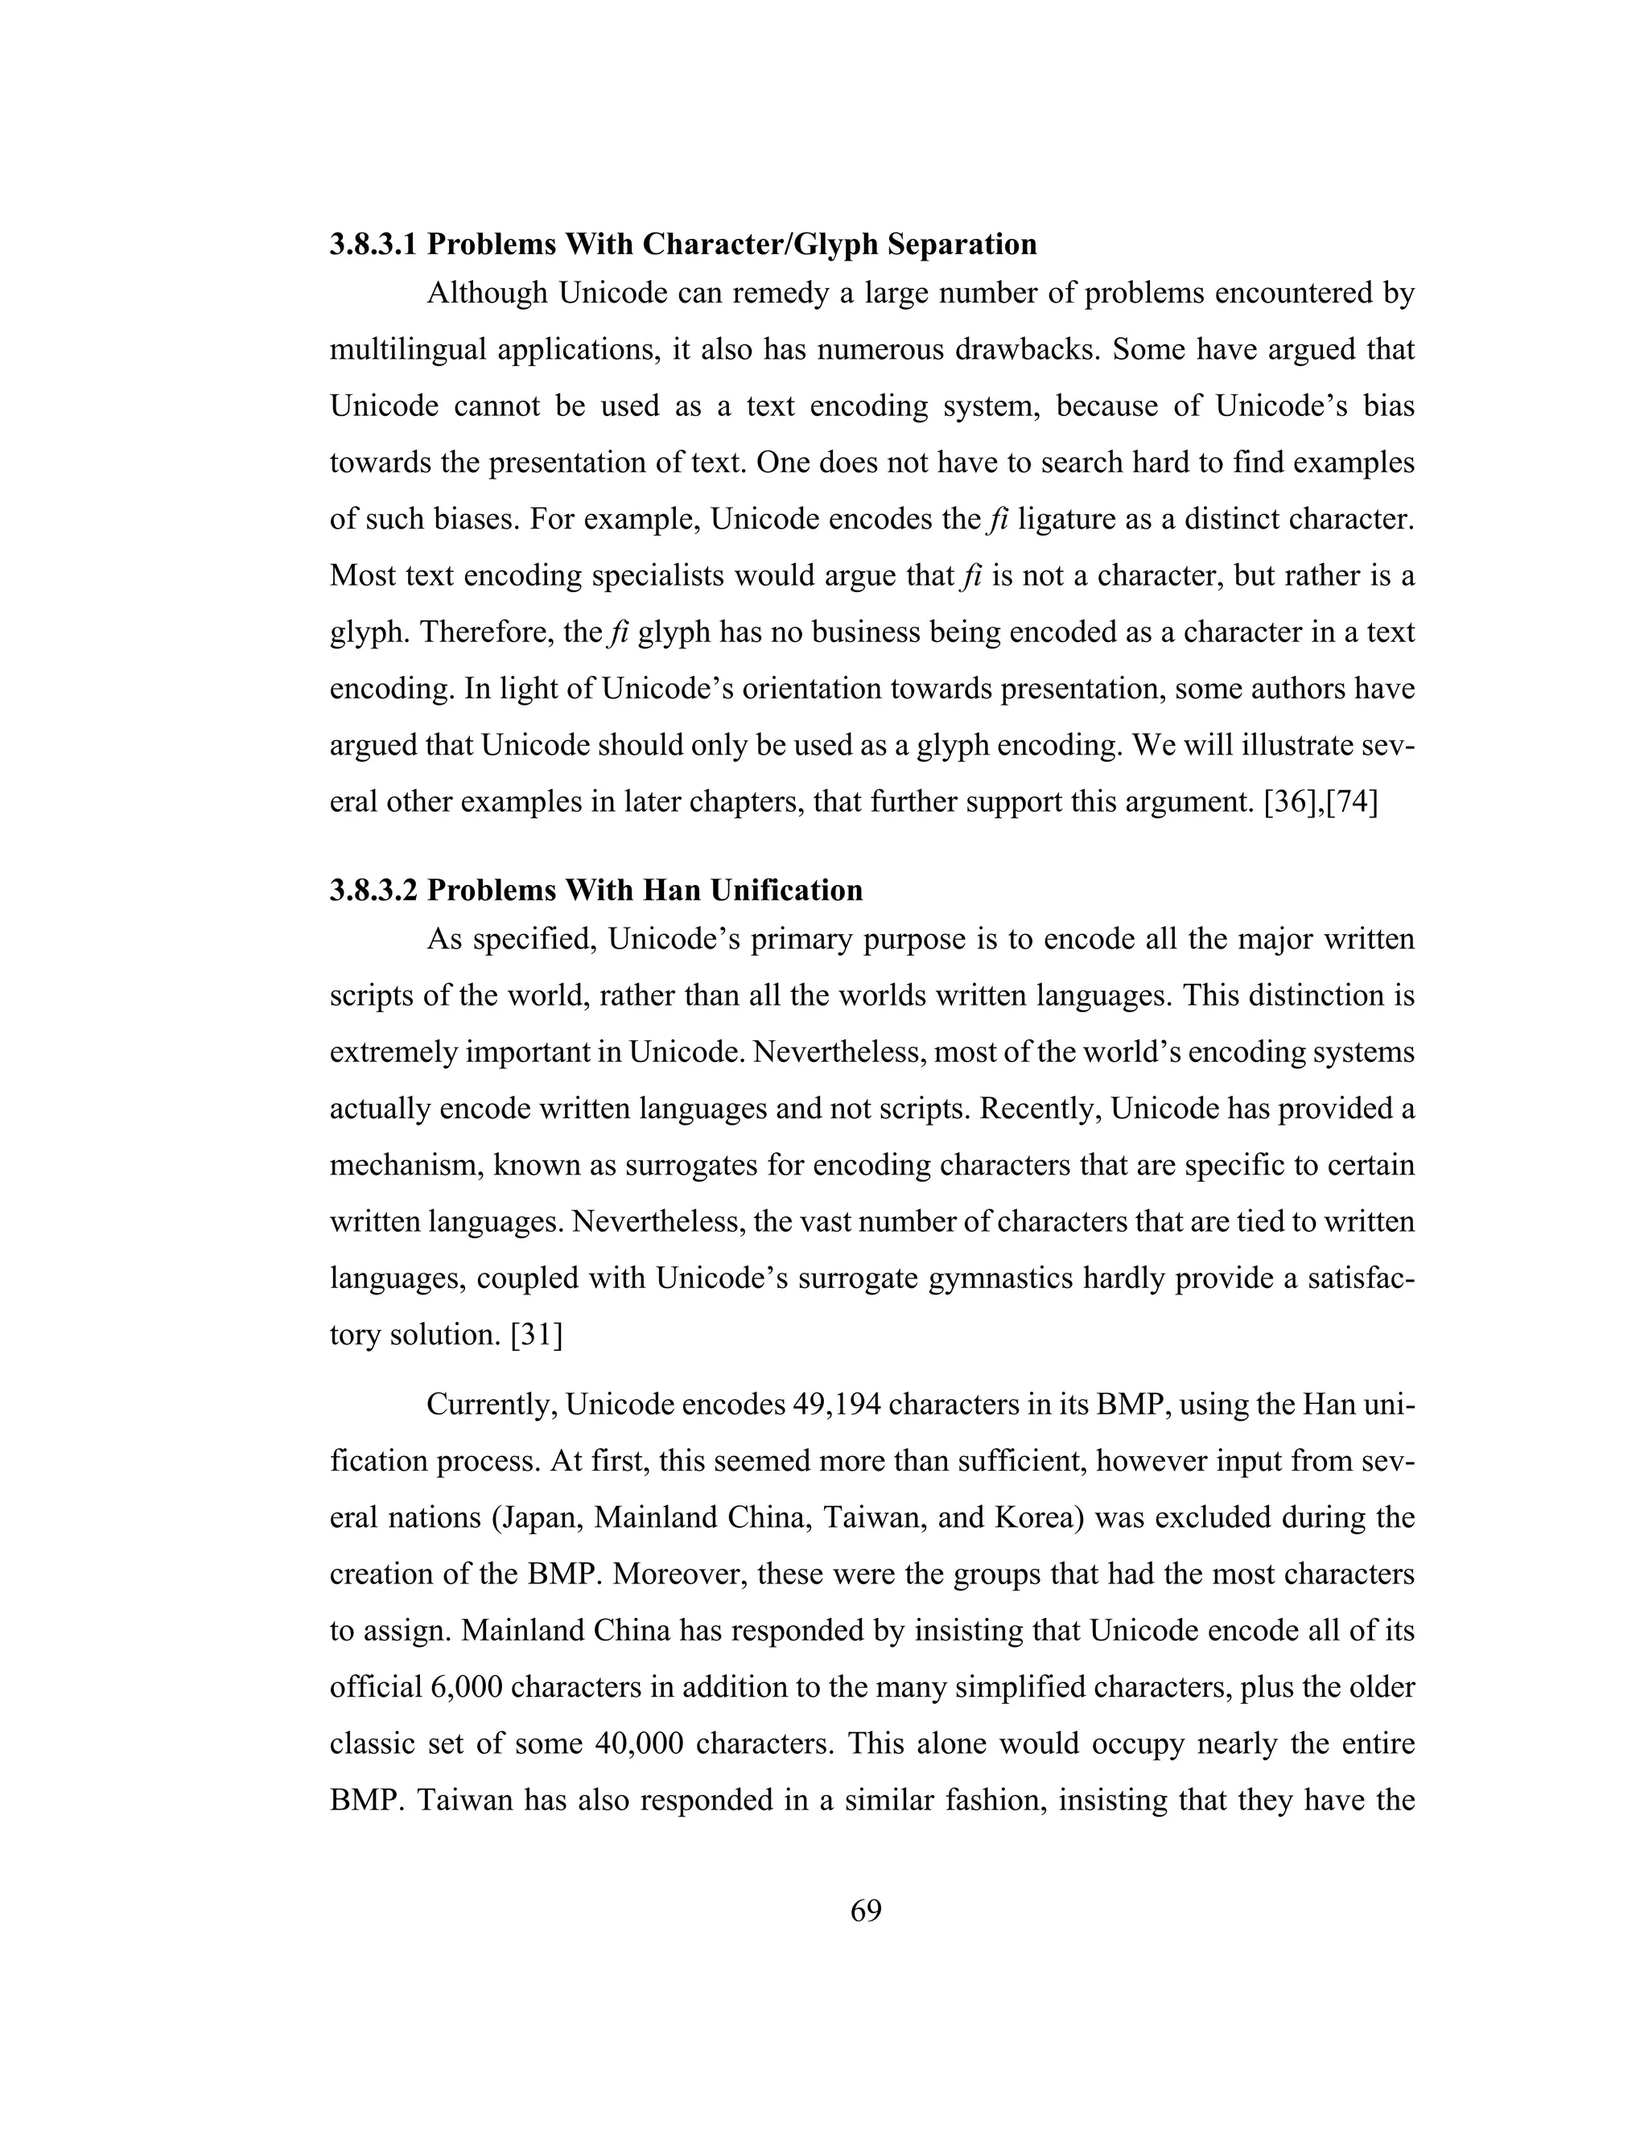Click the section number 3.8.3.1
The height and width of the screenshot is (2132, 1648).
point(373,244)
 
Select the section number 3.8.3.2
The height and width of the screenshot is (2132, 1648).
point(373,891)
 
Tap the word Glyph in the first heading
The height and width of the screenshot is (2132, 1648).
point(833,244)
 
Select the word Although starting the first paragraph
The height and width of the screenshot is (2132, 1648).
point(486,293)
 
